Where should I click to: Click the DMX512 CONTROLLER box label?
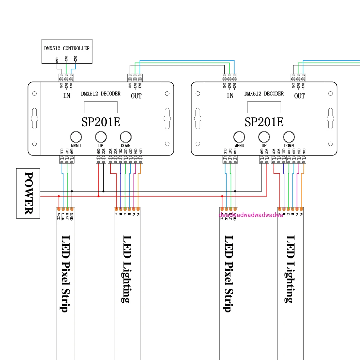point(67,48)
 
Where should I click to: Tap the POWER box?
point(28,193)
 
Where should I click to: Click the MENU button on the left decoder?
point(76,137)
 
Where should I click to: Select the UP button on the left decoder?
point(101,137)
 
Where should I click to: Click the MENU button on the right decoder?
point(239,137)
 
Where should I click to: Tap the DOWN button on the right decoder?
point(289,137)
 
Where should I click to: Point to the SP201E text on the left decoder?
point(101,122)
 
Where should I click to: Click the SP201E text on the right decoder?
point(264,122)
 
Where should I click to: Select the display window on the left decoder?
point(101,107)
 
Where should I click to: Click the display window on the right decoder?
point(264,107)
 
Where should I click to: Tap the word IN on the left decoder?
point(67,96)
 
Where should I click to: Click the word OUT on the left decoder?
point(136,96)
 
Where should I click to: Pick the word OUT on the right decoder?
point(299,96)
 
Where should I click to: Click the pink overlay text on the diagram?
point(251,215)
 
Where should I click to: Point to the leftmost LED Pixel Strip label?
point(65,273)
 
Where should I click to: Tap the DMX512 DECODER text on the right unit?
point(264,94)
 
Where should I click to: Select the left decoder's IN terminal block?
point(66,78)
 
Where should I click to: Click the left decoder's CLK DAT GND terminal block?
point(67,159)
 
